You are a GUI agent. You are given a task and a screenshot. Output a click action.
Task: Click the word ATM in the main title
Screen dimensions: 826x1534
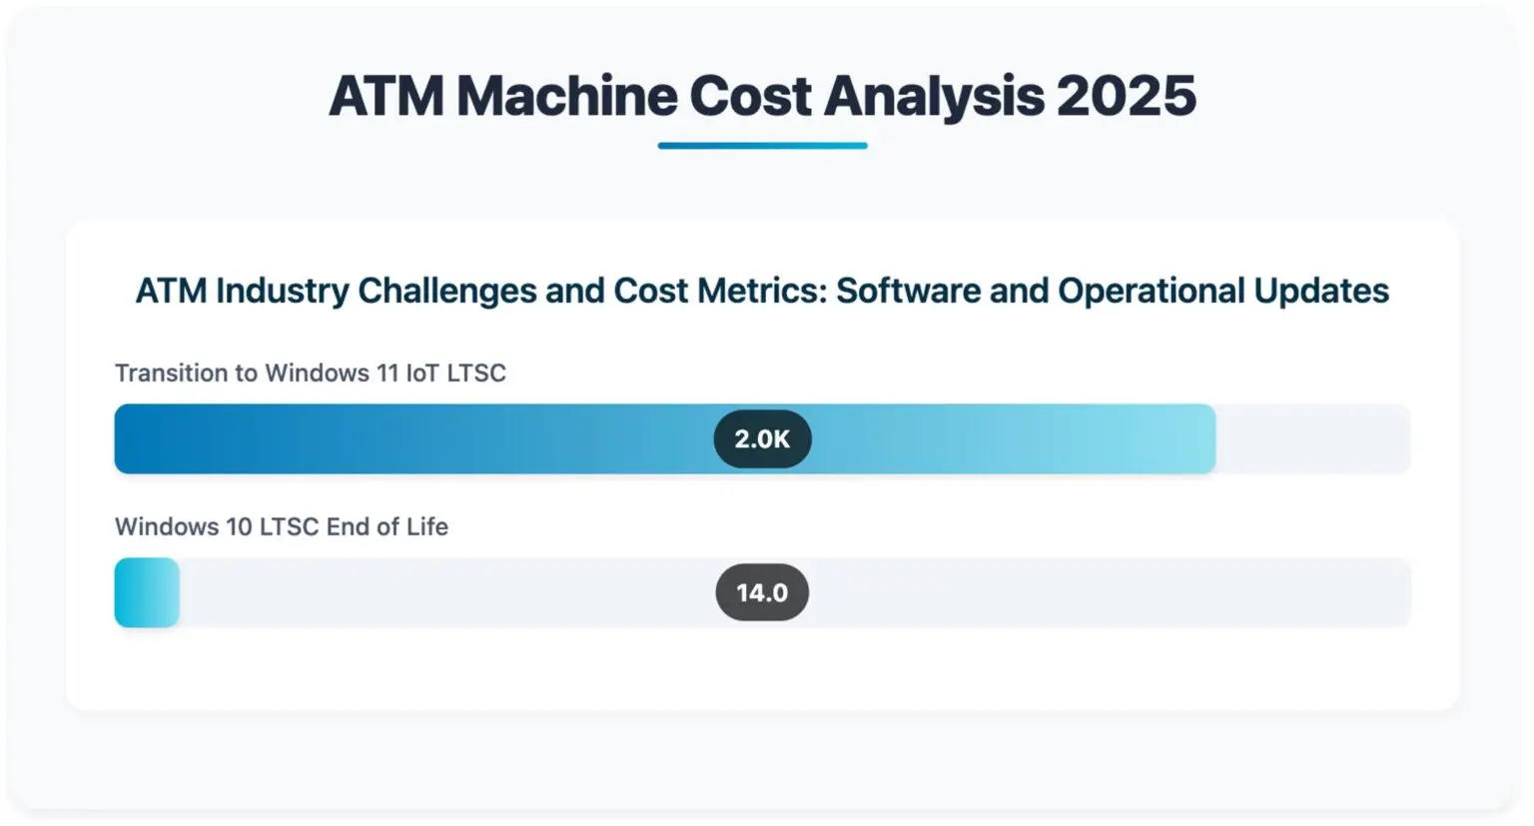coord(385,97)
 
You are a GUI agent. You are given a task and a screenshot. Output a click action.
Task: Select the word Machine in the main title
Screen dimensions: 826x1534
coord(566,97)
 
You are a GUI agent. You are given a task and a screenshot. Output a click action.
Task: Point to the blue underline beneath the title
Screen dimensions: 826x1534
coord(762,146)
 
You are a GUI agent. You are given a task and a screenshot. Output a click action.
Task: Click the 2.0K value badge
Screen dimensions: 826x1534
coord(762,439)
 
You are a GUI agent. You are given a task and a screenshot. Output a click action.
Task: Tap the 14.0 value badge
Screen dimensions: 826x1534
coord(762,593)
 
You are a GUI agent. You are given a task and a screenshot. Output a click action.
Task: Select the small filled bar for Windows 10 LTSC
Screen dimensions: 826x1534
coord(147,593)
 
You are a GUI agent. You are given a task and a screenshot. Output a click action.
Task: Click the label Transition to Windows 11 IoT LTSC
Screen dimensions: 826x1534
coord(310,374)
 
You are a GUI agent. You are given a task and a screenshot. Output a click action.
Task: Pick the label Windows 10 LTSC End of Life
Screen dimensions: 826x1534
coord(281,527)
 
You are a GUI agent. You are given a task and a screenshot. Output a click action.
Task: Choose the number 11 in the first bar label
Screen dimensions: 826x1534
coord(386,374)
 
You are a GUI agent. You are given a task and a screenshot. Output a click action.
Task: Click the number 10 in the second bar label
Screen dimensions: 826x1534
coord(239,527)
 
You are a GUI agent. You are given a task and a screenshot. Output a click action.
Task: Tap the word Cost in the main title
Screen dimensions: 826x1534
coord(749,97)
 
